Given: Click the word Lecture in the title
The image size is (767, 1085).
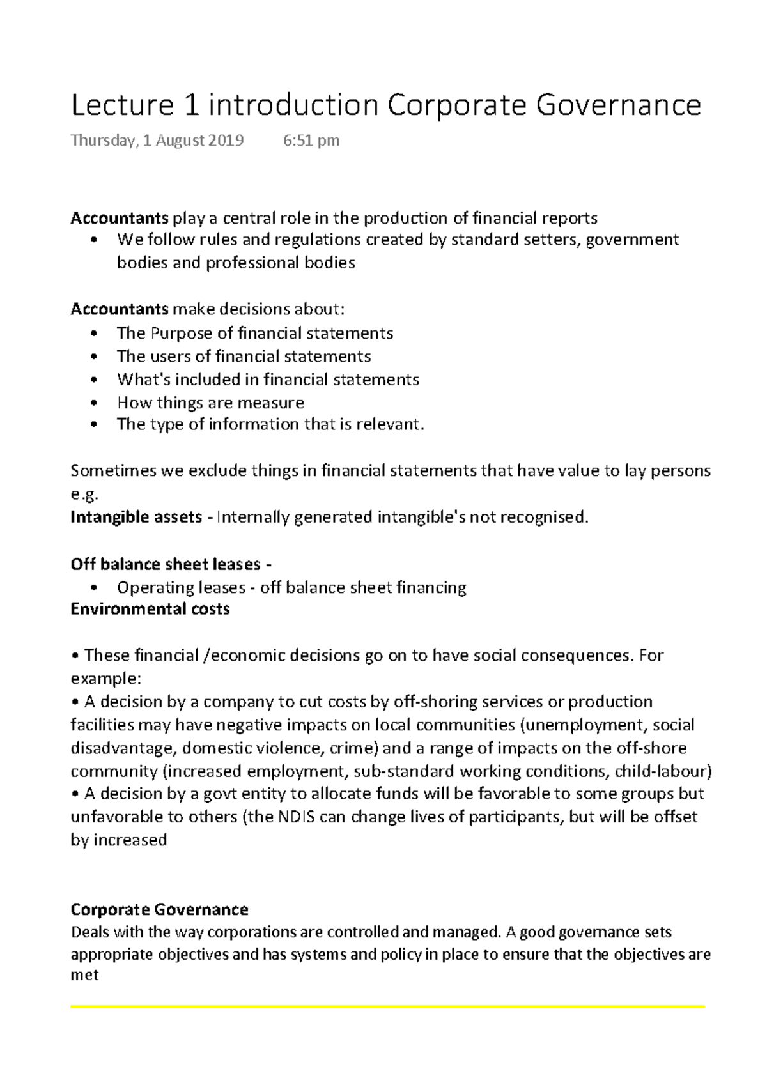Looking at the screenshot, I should (x=122, y=105).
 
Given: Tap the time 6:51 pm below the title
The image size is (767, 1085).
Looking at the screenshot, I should (x=311, y=141).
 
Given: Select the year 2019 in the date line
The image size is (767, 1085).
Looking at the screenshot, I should (x=225, y=141).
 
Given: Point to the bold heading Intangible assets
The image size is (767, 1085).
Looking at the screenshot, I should (x=136, y=517).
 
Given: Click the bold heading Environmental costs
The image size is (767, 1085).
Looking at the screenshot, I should (x=150, y=609).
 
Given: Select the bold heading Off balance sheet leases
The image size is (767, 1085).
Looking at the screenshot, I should (x=166, y=564).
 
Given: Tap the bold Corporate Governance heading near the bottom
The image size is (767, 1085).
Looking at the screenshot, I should (x=159, y=909).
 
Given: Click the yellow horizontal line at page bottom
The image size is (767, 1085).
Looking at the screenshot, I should (x=387, y=1007).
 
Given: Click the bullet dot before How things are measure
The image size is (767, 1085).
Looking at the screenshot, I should (x=94, y=403).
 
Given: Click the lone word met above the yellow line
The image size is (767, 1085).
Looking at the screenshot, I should (x=84, y=976).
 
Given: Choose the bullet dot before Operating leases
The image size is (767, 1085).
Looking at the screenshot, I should (x=94, y=588).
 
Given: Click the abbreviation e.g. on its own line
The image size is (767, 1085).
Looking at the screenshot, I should (x=84, y=495).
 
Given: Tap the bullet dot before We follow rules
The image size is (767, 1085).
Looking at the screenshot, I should (x=94, y=240).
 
